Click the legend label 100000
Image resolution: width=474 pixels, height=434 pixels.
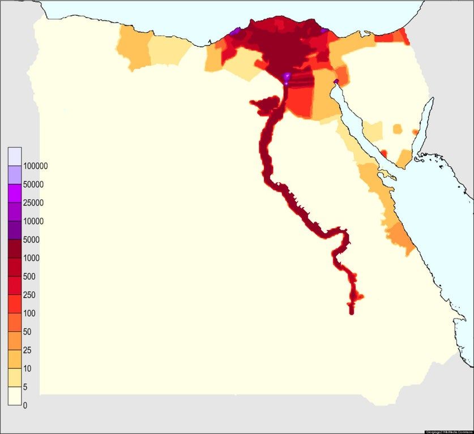point(35,166)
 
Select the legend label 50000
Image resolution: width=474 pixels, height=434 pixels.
point(33,184)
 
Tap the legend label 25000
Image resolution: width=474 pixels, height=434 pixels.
point(33,203)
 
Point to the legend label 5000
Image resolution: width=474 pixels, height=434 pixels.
point(32,239)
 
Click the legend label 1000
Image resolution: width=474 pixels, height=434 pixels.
point(32,258)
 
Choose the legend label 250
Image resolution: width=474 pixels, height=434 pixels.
point(29,295)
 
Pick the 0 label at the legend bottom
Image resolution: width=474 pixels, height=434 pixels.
point(24,405)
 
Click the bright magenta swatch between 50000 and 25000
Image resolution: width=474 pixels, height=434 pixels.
point(15,194)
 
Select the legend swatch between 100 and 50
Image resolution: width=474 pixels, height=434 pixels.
point(15,323)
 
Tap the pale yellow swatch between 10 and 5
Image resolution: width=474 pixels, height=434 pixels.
point(15,377)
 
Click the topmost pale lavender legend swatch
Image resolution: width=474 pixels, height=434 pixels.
point(15,156)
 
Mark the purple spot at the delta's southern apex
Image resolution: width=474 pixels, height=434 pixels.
point(287,77)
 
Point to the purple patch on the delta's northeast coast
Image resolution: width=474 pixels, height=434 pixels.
point(324,30)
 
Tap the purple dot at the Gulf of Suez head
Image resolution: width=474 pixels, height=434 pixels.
point(336,82)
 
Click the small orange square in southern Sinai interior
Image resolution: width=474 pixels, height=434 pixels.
point(398,128)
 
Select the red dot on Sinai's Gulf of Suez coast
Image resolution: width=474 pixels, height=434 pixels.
point(384,153)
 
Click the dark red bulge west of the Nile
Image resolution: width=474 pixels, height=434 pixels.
point(264,104)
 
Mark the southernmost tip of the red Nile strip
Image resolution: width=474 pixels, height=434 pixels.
point(352,312)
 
